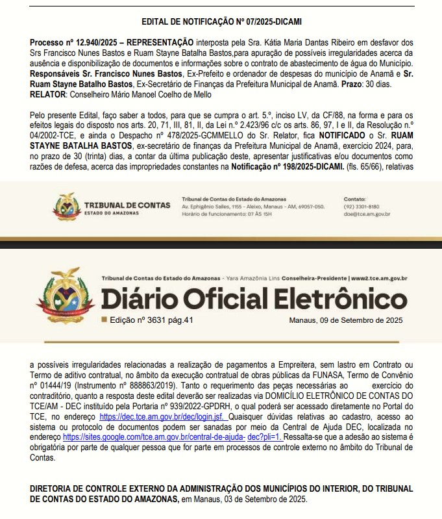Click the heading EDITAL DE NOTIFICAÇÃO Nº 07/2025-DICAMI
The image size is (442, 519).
tap(221, 21)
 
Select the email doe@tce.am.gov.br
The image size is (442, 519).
tap(367, 214)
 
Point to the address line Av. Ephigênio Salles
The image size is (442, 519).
tap(253, 207)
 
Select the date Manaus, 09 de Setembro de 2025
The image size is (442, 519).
tap(347, 320)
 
